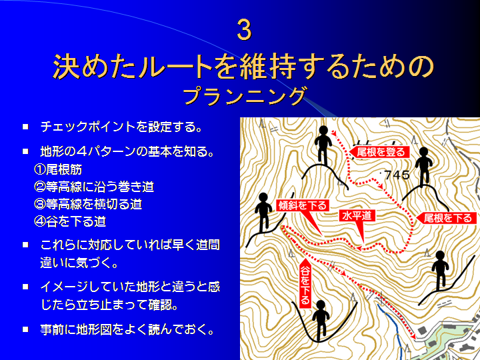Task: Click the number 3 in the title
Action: pos(244,30)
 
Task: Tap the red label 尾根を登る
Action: pos(379,152)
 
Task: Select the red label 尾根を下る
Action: pos(446,218)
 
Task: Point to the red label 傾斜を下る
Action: pos(303,205)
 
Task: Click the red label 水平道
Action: pos(357,215)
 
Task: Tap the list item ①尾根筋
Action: pos(58,169)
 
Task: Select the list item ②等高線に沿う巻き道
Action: pos(94,187)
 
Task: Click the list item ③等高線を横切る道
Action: pos(88,204)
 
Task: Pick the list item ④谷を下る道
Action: pos(70,221)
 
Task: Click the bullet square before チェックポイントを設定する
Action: pos(25,127)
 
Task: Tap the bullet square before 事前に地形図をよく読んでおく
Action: pos(25,329)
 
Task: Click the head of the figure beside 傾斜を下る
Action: pos(263,198)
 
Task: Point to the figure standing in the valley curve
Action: pos(321,320)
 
